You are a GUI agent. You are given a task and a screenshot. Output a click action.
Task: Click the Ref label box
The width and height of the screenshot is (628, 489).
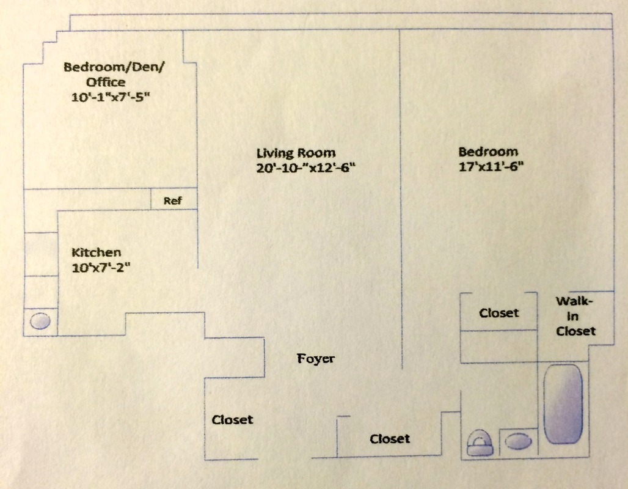pyautogui.click(x=173, y=200)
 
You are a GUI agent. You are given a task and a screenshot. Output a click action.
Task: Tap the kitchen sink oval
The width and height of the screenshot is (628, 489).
pyautogui.click(x=40, y=321)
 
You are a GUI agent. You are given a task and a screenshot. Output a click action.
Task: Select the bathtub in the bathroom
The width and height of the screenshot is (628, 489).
pyautogui.click(x=563, y=404)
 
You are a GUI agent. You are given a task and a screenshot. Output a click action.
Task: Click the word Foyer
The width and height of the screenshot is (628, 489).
pyautogui.click(x=316, y=359)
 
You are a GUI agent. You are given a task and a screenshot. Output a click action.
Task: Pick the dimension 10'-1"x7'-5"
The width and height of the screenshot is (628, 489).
pyautogui.click(x=111, y=97)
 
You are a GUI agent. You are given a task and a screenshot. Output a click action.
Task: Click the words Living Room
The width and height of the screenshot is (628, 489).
pyautogui.click(x=296, y=153)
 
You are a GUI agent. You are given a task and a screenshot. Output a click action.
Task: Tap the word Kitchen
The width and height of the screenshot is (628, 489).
pyautogui.click(x=97, y=252)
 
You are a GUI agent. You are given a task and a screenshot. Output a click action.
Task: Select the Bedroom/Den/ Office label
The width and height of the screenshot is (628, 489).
pyautogui.click(x=114, y=74)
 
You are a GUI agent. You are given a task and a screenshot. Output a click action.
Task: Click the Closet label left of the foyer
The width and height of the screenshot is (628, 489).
pyautogui.click(x=232, y=420)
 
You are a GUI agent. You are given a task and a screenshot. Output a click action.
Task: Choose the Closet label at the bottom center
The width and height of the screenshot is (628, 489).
pyautogui.click(x=390, y=439)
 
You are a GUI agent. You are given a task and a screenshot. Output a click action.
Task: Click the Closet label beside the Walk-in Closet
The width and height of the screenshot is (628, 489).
pyautogui.click(x=498, y=313)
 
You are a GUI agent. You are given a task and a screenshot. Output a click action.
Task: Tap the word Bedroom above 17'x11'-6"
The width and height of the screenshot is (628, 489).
pyautogui.click(x=488, y=152)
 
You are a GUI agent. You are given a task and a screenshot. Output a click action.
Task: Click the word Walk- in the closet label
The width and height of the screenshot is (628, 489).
pyautogui.click(x=574, y=301)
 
